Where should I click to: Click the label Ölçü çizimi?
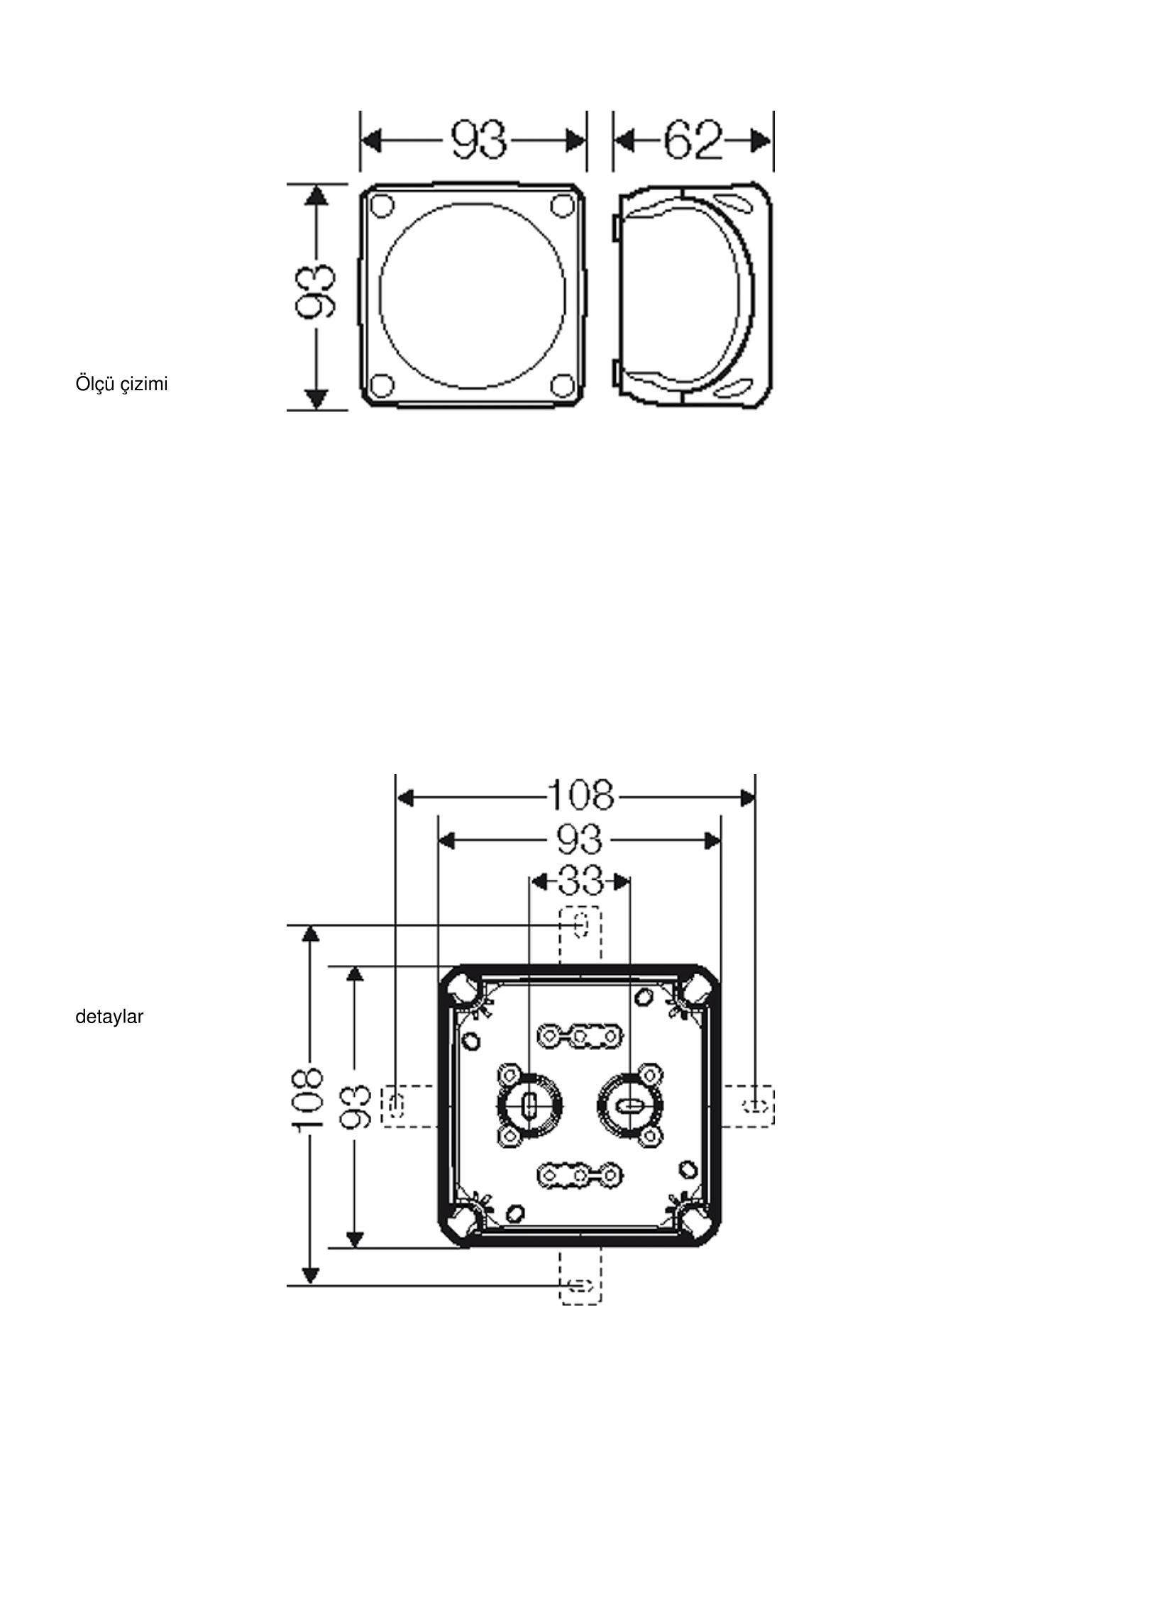pos(121,385)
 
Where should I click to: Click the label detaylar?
pos(109,1017)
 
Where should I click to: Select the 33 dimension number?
pos(580,882)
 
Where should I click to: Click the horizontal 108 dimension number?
pos(581,795)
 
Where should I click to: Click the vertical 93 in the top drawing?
pos(315,292)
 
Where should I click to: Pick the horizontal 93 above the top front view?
pos(480,140)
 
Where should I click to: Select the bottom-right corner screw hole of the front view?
pos(562,385)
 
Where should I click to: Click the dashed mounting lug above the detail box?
pos(580,937)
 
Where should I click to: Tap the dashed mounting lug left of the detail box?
pos(409,1106)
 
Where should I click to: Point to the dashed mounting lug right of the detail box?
pos(748,1106)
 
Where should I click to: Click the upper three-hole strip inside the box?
pos(580,1037)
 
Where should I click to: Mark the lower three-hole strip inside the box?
pos(580,1176)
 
